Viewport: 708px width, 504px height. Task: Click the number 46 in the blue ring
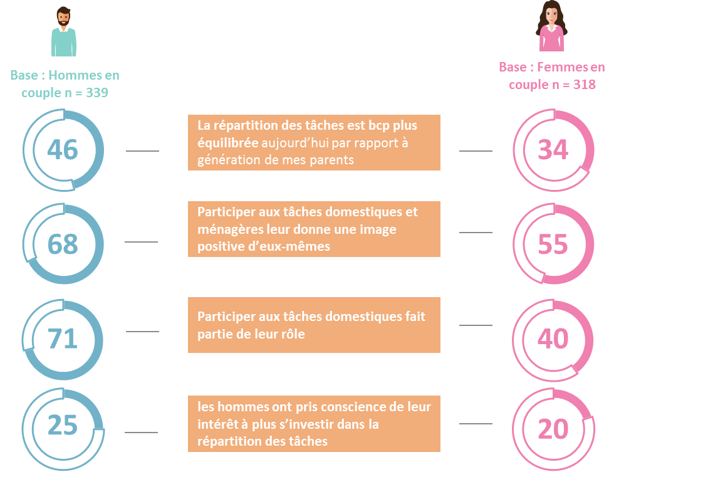tap(63, 149)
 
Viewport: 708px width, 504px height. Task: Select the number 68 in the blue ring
tap(63, 244)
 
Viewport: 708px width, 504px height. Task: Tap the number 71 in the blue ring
tap(63, 339)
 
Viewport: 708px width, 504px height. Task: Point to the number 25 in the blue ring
tap(63, 425)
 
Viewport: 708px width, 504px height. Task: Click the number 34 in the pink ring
tap(553, 149)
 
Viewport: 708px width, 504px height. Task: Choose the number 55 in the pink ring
tap(553, 244)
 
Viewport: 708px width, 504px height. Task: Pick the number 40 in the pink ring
tap(553, 339)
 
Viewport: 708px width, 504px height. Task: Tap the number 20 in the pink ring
tap(553, 429)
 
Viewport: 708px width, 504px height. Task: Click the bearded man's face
tap(64, 19)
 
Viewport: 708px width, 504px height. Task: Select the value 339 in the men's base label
tap(97, 93)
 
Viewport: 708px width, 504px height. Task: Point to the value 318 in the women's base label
tap(585, 85)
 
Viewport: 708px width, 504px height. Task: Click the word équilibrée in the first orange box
tap(228, 143)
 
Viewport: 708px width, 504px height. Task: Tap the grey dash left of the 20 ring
tap(476, 424)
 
